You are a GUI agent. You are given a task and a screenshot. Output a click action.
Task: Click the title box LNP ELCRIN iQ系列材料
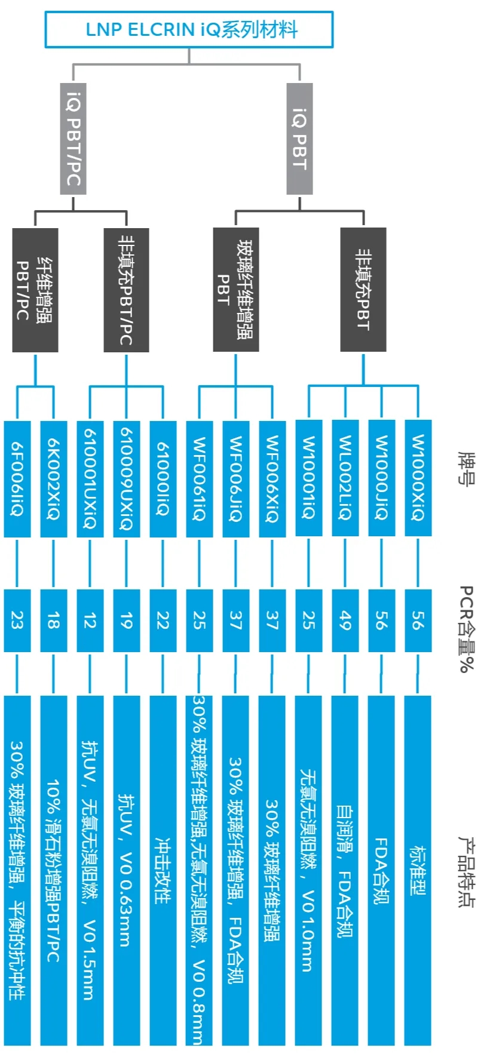click(x=189, y=29)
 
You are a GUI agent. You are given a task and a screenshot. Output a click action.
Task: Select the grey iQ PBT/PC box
click(x=73, y=139)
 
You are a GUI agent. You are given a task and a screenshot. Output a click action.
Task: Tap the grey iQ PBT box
click(x=299, y=139)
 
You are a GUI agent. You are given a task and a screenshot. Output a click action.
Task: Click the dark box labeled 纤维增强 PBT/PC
click(x=35, y=290)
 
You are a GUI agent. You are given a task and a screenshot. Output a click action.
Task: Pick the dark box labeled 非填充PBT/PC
click(x=126, y=290)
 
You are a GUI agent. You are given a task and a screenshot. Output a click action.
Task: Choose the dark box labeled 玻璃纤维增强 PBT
click(x=235, y=290)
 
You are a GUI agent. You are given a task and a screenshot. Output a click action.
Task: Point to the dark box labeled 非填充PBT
click(x=363, y=290)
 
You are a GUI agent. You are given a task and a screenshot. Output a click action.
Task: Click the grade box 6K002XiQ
click(x=54, y=478)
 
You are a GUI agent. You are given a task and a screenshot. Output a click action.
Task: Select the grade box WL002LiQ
click(x=345, y=478)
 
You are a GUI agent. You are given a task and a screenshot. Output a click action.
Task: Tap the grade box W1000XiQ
click(x=418, y=478)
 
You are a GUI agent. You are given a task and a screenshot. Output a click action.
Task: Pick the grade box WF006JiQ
click(x=236, y=478)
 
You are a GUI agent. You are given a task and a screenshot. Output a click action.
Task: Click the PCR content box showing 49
click(x=345, y=620)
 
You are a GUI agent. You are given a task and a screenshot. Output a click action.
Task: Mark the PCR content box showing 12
click(x=90, y=620)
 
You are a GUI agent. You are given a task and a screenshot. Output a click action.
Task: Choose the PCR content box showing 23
click(x=17, y=620)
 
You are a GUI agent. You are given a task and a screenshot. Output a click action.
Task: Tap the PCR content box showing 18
click(x=54, y=620)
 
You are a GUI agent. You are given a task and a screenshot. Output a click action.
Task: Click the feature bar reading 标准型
click(x=418, y=869)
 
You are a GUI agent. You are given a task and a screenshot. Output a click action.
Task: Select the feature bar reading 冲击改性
click(x=163, y=869)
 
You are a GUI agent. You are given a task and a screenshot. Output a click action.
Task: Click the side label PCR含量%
click(x=466, y=628)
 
